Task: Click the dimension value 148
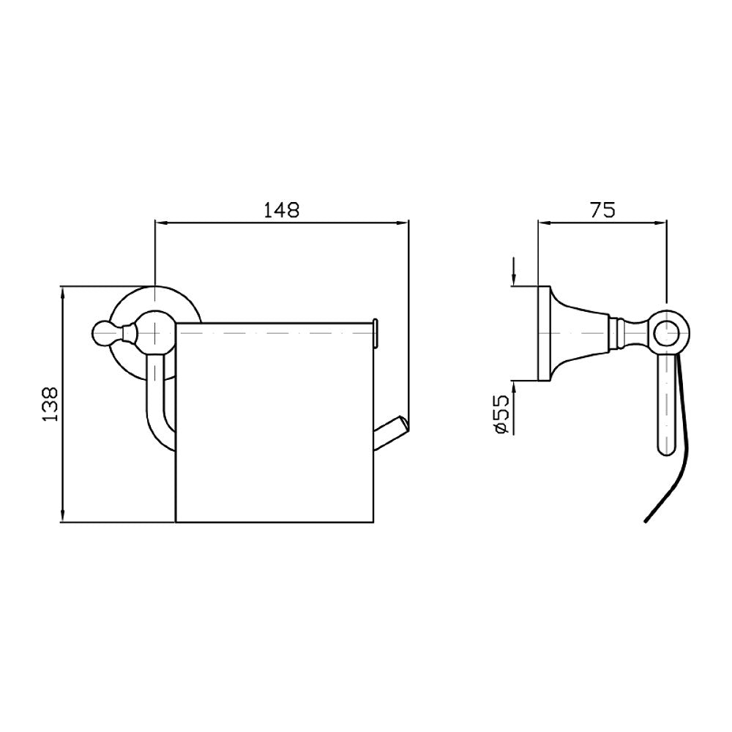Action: [x=282, y=209]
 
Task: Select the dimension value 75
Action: [x=602, y=210]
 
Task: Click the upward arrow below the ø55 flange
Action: [x=515, y=387]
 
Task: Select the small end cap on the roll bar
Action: [x=376, y=332]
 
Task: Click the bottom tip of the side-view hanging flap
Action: [x=645, y=520]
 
